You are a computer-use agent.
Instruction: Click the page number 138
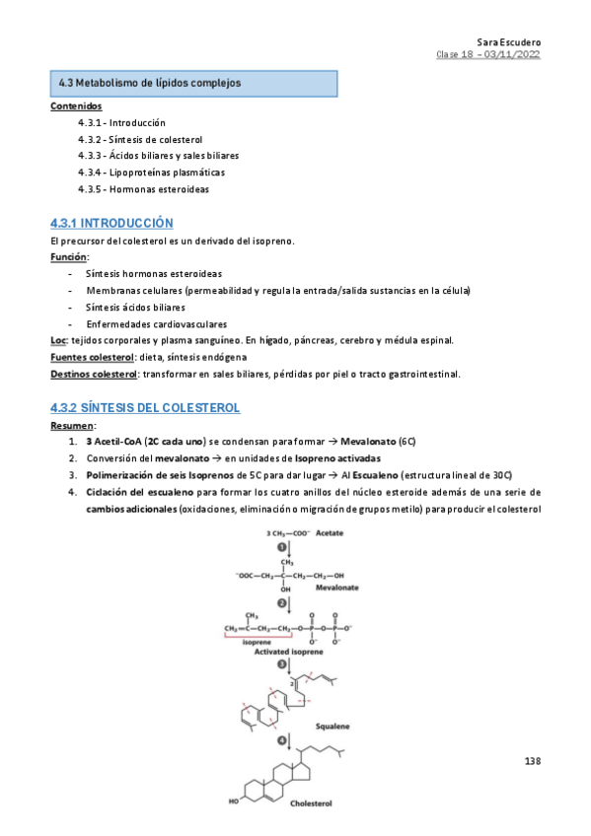click(x=533, y=761)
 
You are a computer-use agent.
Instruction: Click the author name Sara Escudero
click(x=508, y=42)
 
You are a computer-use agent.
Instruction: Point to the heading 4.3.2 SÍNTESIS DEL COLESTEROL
click(x=145, y=408)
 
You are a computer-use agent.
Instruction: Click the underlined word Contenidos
click(x=75, y=105)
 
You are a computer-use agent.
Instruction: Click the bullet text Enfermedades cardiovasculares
click(x=156, y=323)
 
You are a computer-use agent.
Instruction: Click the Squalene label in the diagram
click(x=332, y=726)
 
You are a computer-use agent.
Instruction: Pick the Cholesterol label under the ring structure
click(x=312, y=803)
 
